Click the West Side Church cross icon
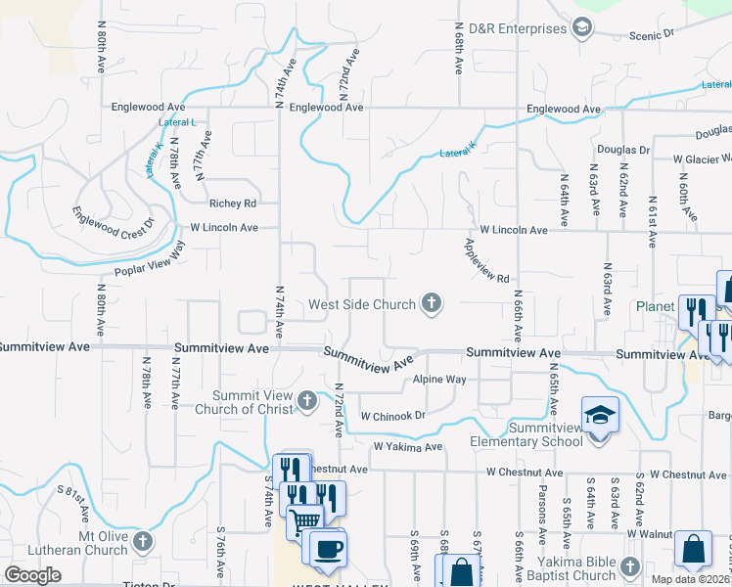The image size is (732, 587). (431, 304)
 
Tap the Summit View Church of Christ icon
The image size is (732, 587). (307, 401)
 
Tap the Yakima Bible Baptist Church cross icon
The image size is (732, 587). (630, 567)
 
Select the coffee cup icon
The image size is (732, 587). (328, 548)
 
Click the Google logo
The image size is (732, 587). (33, 575)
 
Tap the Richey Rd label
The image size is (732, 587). (232, 203)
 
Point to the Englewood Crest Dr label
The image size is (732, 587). (114, 218)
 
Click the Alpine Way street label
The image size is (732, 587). (439, 380)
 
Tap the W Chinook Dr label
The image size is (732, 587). (392, 416)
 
